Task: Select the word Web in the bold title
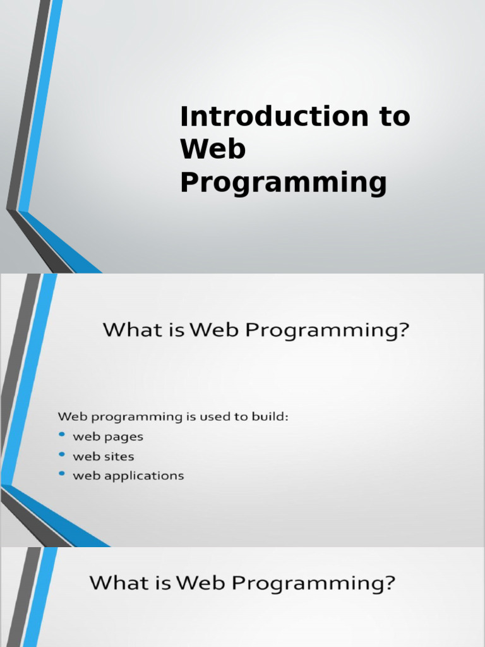click(213, 150)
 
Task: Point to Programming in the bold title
click(283, 183)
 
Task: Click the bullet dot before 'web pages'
click(62, 435)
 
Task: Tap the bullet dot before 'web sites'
click(62, 455)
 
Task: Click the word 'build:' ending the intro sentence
click(272, 416)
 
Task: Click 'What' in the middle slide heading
click(129, 330)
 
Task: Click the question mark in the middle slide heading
click(403, 330)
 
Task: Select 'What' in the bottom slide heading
click(117, 583)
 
